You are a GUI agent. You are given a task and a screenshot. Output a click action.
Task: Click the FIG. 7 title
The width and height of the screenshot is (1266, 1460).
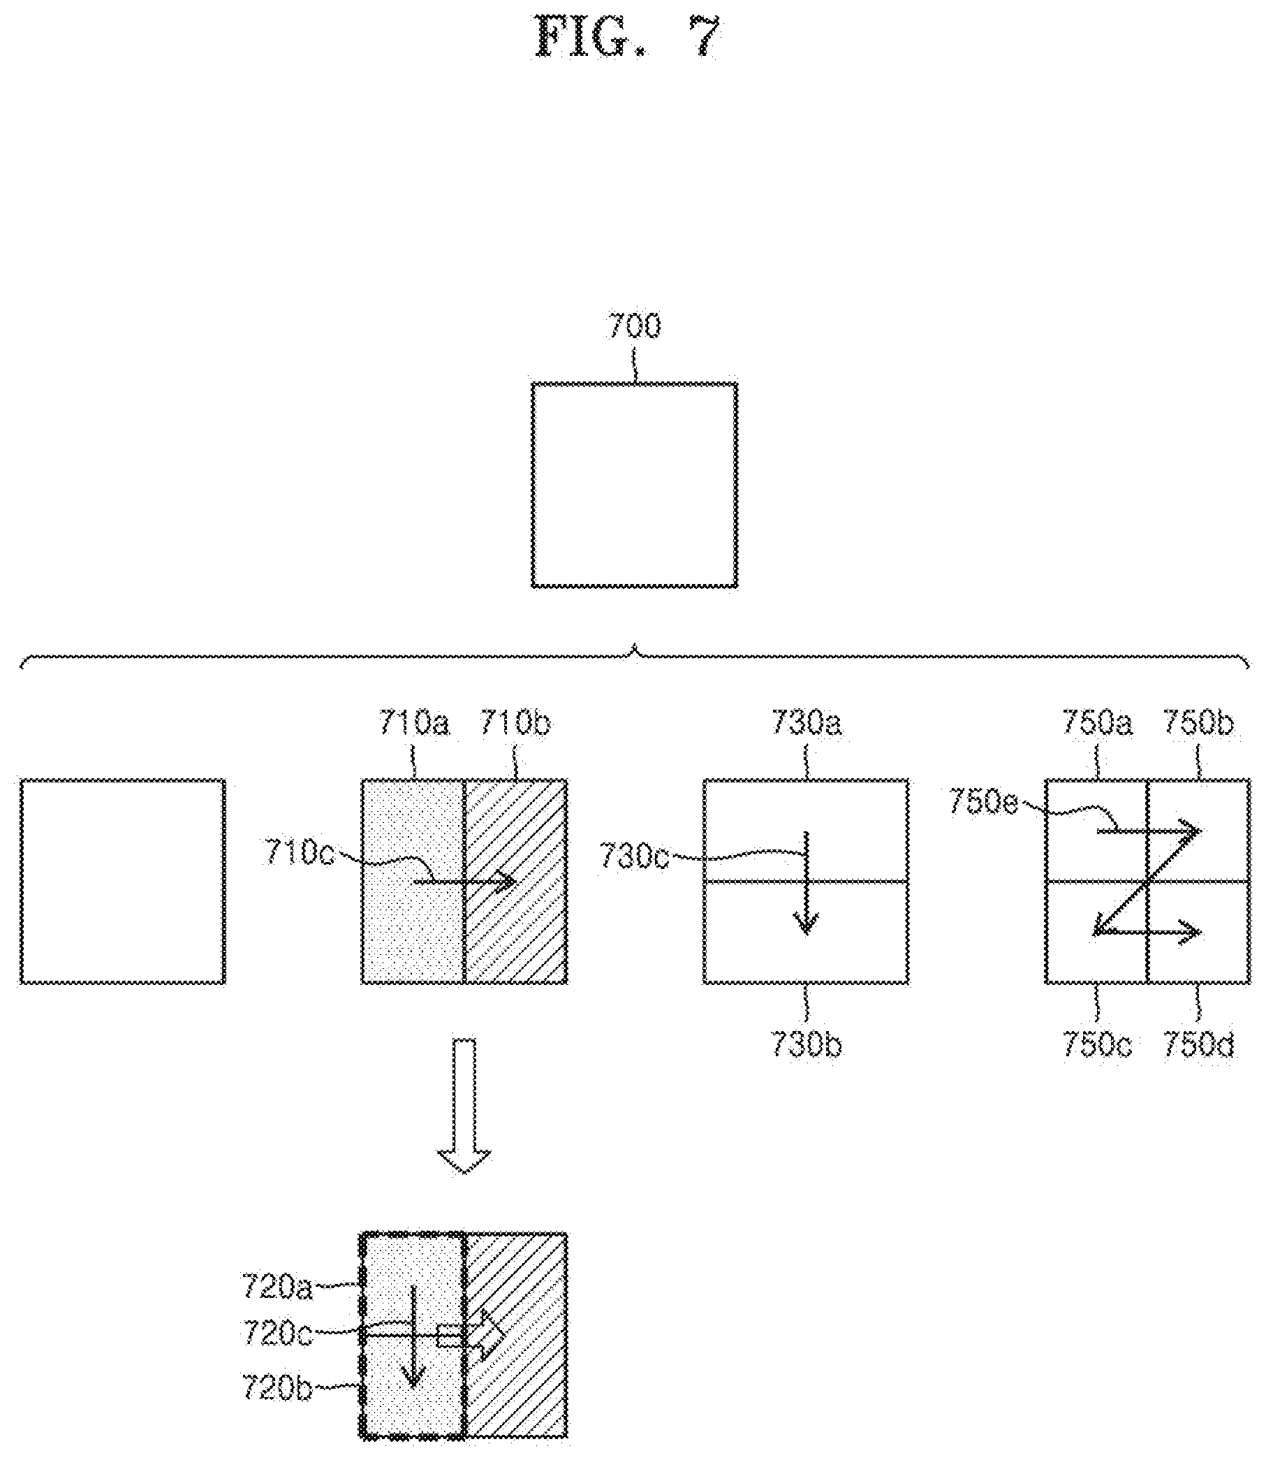tap(628, 37)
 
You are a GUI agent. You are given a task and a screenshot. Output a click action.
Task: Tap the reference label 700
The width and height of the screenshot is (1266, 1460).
tap(634, 327)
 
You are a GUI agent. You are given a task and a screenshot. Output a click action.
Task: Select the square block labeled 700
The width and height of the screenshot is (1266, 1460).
tap(635, 486)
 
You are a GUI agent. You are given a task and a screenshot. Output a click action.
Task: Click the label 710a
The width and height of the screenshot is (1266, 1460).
tap(413, 723)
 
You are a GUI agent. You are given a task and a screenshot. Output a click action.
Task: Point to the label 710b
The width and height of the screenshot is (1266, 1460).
tap(516, 723)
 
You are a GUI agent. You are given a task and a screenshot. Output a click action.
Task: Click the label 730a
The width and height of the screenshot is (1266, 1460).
tap(806, 723)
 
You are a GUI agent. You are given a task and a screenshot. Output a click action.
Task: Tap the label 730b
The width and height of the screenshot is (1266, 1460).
tap(806, 1046)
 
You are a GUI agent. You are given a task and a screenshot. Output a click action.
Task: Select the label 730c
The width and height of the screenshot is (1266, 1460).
tap(634, 856)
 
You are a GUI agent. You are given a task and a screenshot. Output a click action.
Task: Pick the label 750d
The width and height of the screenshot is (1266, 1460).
tap(1198, 1046)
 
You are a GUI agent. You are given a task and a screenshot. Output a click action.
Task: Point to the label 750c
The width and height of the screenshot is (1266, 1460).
tap(1097, 1046)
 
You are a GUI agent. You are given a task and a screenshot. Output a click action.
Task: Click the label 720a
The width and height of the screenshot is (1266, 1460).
tap(277, 1287)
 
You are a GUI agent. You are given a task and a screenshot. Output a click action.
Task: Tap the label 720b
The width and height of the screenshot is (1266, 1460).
tap(277, 1387)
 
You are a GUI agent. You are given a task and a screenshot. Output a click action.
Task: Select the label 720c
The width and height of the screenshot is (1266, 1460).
tap(277, 1334)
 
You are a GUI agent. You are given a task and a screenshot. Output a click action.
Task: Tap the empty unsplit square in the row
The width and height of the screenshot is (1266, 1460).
tap(123, 881)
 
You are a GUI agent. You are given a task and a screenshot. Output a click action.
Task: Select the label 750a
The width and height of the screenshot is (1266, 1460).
tap(1097, 723)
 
